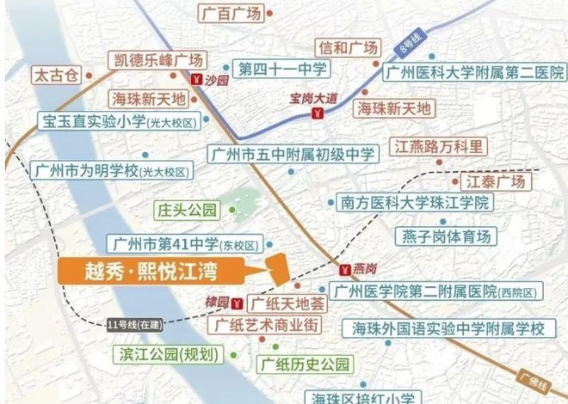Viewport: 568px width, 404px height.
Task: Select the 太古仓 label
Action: pos(55,74)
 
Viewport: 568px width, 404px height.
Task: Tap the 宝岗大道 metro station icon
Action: pos(318,113)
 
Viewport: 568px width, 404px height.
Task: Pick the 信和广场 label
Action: pos(348,47)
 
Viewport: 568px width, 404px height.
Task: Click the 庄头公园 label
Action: pos(188,209)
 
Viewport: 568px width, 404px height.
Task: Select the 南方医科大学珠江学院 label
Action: pos(413,203)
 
